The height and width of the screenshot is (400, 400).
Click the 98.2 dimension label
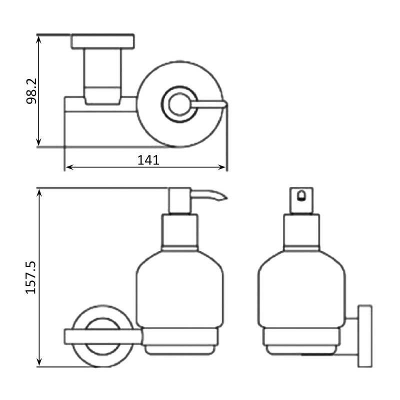tap(31, 91)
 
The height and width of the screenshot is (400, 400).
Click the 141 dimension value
tap(148, 160)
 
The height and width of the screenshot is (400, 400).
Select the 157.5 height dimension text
tap(31, 277)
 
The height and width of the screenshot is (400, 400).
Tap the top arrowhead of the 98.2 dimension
tap(38, 39)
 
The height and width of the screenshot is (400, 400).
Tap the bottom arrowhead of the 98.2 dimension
tap(38, 142)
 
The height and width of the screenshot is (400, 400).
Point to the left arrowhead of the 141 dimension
tap(69, 167)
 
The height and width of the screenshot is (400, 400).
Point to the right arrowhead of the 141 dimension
tap(221, 167)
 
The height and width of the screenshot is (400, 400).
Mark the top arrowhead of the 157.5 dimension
tap(39, 193)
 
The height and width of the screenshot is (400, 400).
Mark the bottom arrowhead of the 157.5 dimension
tap(39, 361)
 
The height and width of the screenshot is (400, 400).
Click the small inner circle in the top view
tap(179, 104)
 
